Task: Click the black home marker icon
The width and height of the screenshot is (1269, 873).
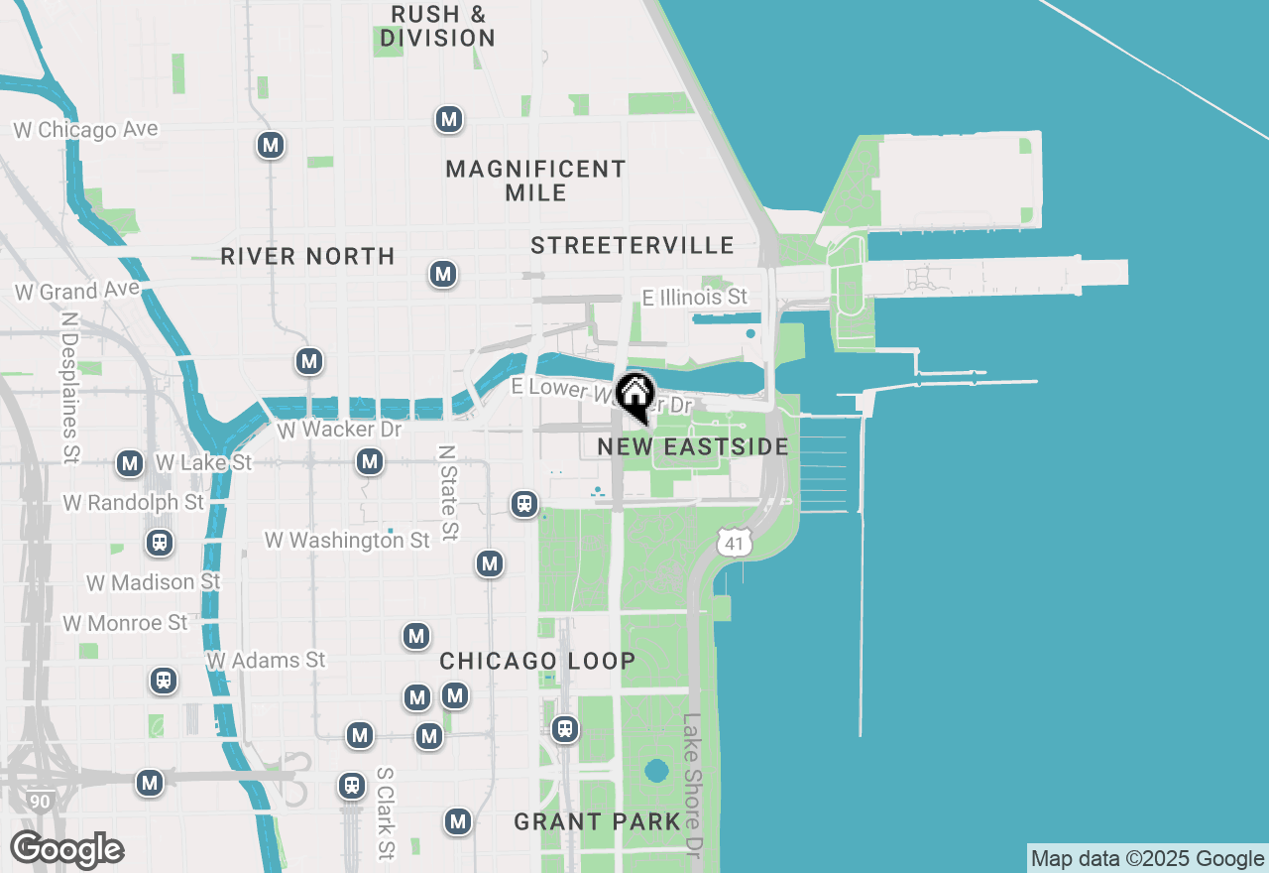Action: pos(634,395)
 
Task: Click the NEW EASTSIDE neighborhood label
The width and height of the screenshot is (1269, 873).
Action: pos(693,447)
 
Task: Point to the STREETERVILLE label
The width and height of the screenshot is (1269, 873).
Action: pos(633,245)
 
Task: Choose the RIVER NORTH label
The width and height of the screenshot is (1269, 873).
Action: pos(307,257)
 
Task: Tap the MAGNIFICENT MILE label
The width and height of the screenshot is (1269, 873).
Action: pos(535,181)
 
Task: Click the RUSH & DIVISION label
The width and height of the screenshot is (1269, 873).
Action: pos(437,27)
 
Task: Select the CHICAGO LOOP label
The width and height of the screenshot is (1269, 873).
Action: pos(537,662)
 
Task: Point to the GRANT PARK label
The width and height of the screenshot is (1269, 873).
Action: pos(598,821)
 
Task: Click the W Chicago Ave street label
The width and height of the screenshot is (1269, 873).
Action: pos(85,130)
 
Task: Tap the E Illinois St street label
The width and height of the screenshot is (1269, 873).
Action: pos(694,297)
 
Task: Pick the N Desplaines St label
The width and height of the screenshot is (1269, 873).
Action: pos(69,388)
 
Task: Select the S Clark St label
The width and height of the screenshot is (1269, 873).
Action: pos(386,812)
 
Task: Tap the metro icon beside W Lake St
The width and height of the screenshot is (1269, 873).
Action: pos(130,463)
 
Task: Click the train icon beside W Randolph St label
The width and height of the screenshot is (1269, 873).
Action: pos(159,543)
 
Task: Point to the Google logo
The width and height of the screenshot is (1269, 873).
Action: pos(66,850)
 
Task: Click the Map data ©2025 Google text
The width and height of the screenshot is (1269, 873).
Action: pos(1147,859)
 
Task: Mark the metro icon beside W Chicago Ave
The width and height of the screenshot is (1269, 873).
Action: pos(270,145)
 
